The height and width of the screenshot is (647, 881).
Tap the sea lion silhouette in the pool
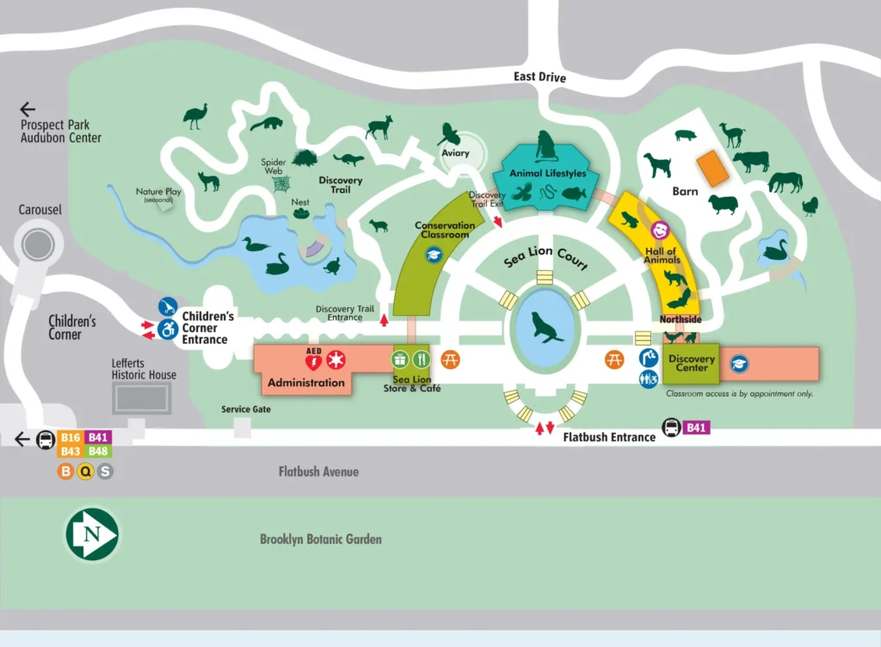[x=547, y=326]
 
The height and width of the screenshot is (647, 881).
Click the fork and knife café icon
[x=421, y=359]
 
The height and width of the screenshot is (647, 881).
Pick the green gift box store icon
[x=400, y=359]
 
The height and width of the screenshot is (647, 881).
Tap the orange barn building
[x=712, y=168]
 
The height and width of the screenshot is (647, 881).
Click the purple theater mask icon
[x=661, y=230]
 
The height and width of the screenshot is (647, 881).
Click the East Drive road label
[x=539, y=77]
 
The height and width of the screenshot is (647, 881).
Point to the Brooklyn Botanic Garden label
[x=320, y=539]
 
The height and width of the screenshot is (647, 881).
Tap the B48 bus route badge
[x=98, y=452]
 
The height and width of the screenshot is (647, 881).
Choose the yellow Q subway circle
[x=84, y=471]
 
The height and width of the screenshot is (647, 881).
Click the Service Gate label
[x=246, y=410]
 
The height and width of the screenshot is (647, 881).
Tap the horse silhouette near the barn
[x=785, y=182]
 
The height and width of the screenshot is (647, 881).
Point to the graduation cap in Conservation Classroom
[x=434, y=254]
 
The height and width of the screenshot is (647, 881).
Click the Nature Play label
[x=154, y=193]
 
